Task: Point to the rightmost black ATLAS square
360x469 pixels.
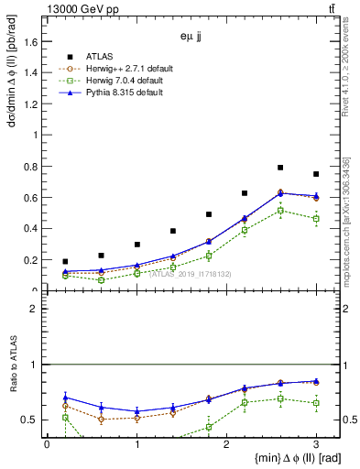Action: coord(316,174)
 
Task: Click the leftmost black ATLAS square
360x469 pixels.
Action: coord(65,262)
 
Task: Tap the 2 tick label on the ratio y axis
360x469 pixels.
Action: coord(38,309)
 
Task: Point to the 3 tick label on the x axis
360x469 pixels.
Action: coord(317,443)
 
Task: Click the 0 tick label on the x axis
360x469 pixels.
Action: coord(47,443)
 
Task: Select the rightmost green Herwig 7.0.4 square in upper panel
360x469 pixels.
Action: coord(316,219)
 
